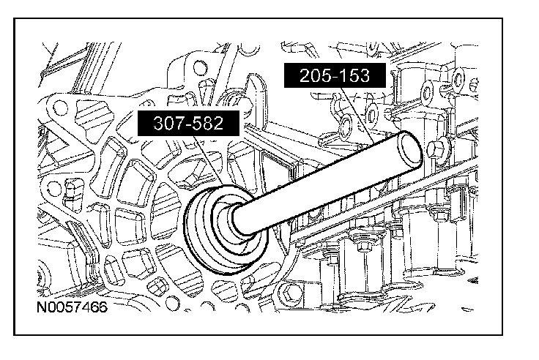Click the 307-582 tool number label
point(188,123)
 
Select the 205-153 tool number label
point(335,75)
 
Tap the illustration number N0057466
point(72,307)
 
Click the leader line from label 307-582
point(208,160)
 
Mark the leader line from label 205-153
point(357,116)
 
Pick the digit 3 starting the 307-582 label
point(157,123)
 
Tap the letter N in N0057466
point(41,307)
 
